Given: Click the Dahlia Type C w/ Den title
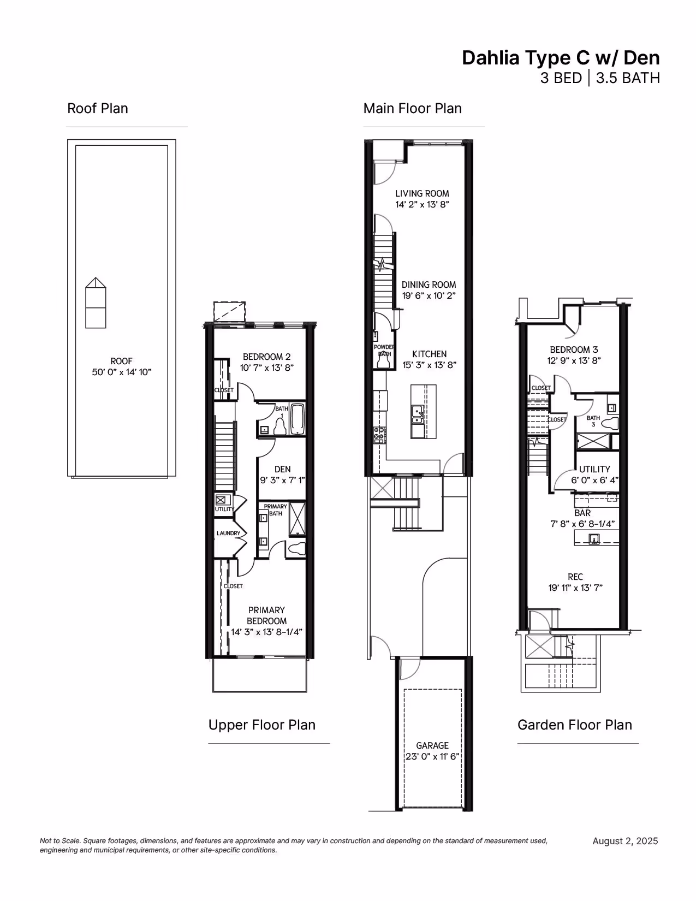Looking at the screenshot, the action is [561, 58].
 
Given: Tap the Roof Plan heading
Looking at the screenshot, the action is [97, 108].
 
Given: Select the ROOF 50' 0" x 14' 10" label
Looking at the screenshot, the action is [121, 366].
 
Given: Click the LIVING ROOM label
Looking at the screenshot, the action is [422, 193].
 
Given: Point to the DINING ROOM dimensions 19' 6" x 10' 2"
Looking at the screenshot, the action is [429, 295].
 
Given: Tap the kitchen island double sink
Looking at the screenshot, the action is [417, 415].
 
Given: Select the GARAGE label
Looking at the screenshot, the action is [432, 745].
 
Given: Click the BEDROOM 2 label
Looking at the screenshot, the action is [266, 357].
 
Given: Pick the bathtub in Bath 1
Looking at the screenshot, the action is [297, 419].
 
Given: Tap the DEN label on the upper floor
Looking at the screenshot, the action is [282, 469].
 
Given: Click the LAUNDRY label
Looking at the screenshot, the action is [228, 533].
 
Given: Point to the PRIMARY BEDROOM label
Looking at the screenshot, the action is [266, 615].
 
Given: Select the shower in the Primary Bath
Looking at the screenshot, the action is [297, 519].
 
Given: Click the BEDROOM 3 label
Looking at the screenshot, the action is [574, 349].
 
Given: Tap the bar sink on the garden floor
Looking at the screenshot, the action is [594, 540].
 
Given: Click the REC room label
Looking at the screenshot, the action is [575, 577].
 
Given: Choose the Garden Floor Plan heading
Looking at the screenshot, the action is [575, 725].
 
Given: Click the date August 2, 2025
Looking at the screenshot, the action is [625, 841].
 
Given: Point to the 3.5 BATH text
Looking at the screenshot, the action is [628, 78].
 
